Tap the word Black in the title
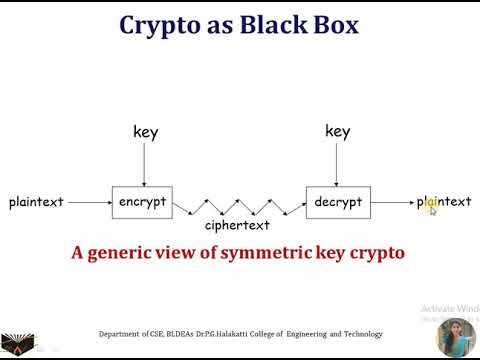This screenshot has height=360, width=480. (x=274, y=24)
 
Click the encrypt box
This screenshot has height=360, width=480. (x=142, y=201)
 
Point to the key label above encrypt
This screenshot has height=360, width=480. (x=145, y=132)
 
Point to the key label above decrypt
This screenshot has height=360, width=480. (x=338, y=131)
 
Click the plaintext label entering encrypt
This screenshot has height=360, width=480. (x=36, y=202)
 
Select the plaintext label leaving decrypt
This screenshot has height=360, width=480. (x=444, y=202)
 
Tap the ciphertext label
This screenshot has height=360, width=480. (x=238, y=226)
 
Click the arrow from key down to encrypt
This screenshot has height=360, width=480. (x=145, y=164)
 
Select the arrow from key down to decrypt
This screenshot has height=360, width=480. (x=337, y=164)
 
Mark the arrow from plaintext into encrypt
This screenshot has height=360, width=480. (x=88, y=202)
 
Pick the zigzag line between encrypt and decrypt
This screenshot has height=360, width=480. (x=238, y=205)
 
